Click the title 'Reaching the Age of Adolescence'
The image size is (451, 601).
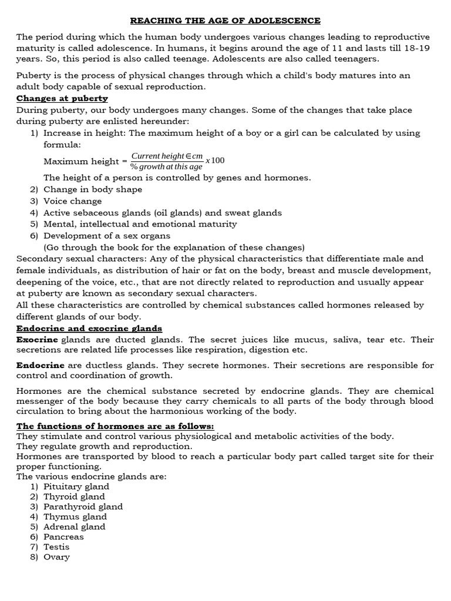[x=225, y=21]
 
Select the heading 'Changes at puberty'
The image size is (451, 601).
[x=62, y=98]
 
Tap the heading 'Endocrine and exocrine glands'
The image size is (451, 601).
[x=89, y=328]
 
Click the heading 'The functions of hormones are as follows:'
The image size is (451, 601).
[x=115, y=426]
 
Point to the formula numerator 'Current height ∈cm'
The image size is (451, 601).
[x=167, y=156]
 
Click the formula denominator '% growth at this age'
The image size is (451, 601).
[x=166, y=167]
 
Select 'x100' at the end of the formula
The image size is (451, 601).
[x=215, y=161]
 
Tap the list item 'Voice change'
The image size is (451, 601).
[x=72, y=201]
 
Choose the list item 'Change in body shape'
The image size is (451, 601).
[x=93, y=189]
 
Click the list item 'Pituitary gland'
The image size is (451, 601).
[x=76, y=487]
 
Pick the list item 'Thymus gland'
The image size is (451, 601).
[x=75, y=516]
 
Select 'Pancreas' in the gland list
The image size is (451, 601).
[x=63, y=536]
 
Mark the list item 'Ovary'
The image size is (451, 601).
[x=56, y=556]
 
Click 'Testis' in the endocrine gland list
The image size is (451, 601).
[x=56, y=546]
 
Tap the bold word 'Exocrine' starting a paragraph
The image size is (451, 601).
[x=37, y=340]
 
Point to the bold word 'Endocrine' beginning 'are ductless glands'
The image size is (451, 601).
[x=40, y=365]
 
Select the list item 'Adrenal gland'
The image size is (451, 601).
[x=75, y=526]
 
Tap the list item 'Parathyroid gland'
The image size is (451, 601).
[x=83, y=507]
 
